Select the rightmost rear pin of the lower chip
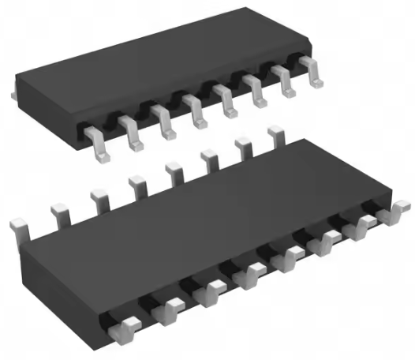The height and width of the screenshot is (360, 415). pos(275,135)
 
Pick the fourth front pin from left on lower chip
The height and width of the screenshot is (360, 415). pos(249,274)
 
